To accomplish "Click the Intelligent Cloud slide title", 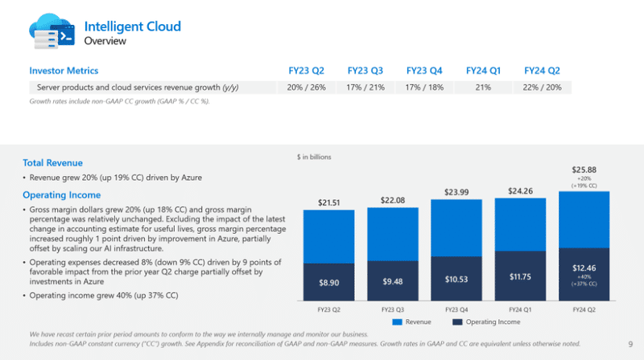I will tap(133, 27).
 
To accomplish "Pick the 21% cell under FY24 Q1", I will tap(483, 87).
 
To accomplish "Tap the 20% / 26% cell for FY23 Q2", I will tap(306, 87).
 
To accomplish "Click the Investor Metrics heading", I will tap(64, 71).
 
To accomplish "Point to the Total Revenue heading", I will tap(52, 162).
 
